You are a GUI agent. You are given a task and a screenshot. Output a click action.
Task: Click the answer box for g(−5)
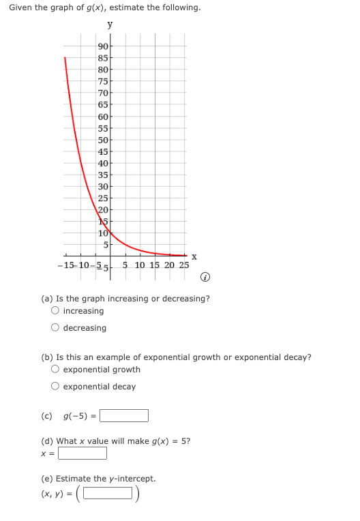pyautogui.click(x=124, y=415)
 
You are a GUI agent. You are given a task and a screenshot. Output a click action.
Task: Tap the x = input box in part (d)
pyautogui.click(x=82, y=453)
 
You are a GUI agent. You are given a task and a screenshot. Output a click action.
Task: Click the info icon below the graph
pyautogui.click(x=205, y=277)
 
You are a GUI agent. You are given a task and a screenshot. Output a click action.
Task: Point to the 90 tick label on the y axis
pyautogui.click(x=104, y=46)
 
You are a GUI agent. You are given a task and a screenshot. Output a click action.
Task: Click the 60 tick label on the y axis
pyautogui.click(x=104, y=116)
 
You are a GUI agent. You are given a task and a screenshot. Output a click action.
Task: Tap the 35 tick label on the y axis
pyautogui.click(x=104, y=175)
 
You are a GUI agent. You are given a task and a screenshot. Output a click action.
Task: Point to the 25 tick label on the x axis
pyautogui.click(x=183, y=265)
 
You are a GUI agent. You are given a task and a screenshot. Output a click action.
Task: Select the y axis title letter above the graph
pyautogui.click(x=110, y=25)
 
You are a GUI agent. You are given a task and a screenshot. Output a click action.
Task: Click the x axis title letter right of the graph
pyautogui.click(x=194, y=256)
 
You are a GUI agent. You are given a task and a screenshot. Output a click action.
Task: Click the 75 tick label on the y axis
pyautogui.click(x=104, y=81)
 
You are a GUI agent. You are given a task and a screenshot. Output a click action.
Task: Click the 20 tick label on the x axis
pyautogui.click(x=169, y=265)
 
